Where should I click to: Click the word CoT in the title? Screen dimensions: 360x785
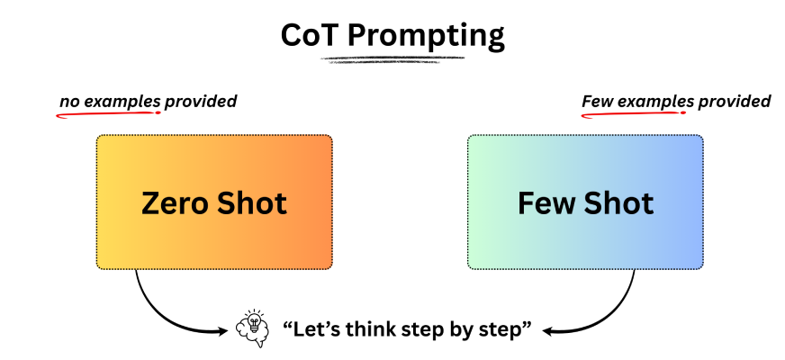(x=311, y=36)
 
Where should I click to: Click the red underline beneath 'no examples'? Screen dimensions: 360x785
(x=108, y=114)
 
